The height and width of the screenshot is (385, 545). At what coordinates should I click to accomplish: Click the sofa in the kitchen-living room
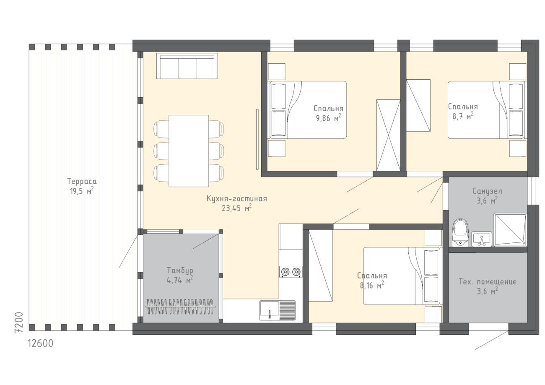pyautogui.click(x=187, y=66)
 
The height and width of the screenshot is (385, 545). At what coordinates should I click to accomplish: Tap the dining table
pyautogui.click(x=189, y=151)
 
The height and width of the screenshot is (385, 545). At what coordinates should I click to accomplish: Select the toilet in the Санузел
pyautogui.click(x=460, y=232)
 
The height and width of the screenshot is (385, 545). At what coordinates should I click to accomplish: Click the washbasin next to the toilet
pyautogui.click(x=482, y=239)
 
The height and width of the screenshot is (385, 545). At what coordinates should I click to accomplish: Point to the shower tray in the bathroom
pyautogui.click(x=510, y=230)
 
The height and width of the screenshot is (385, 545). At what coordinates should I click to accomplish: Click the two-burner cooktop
pyautogui.click(x=291, y=272)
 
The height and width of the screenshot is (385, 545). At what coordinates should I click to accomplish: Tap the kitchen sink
pyautogui.click(x=278, y=310)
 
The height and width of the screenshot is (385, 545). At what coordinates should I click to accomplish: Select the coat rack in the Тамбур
pyautogui.click(x=181, y=307)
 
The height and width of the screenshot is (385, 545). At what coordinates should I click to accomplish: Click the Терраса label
pyautogui.click(x=82, y=181)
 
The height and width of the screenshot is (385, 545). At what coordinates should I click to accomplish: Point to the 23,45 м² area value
pyautogui.click(x=236, y=208)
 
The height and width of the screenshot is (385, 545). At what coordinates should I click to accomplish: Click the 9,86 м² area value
pyautogui.click(x=328, y=118)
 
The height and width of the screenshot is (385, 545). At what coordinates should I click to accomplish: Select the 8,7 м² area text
pyautogui.click(x=463, y=116)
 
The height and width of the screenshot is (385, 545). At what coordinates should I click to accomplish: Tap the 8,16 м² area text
pyautogui.click(x=372, y=285)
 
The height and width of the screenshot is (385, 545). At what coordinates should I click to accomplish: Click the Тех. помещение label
pyautogui.click(x=488, y=282)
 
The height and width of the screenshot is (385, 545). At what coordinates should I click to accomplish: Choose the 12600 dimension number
pyautogui.click(x=40, y=343)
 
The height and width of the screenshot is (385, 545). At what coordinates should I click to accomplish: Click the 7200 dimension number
pyautogui.click(x=19, y=322)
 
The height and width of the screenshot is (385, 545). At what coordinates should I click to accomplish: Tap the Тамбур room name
pyautogui.click(x=180, y=271)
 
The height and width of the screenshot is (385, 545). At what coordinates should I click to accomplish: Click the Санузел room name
pyautogui.click(x=487, y=191)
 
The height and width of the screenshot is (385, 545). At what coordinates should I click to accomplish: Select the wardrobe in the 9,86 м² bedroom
pyautogui.click(x=388, y=135)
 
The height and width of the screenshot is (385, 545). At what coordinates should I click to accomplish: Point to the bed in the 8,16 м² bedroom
pyautogui.click(x=402, y=276)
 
